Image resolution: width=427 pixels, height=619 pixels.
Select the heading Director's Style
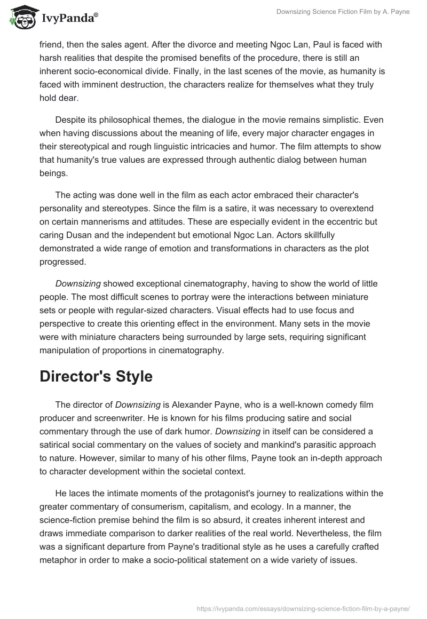click(96, 376)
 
